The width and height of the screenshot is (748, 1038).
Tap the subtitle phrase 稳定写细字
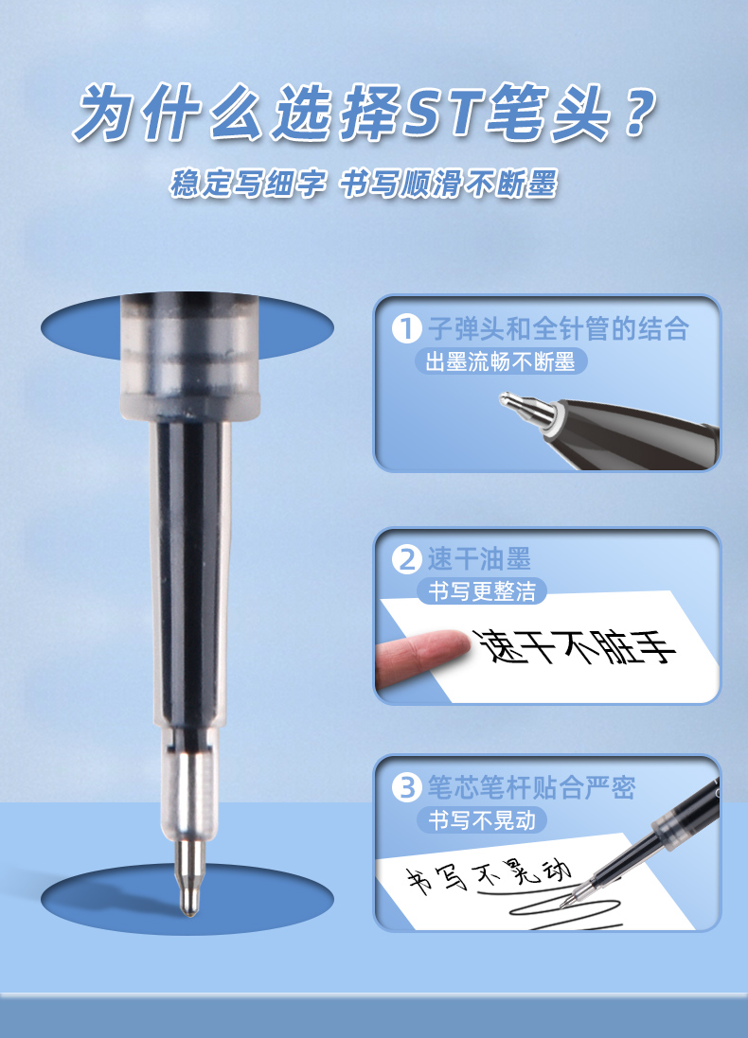[248, 184]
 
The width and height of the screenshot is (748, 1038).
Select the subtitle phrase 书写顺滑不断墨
[449, 184]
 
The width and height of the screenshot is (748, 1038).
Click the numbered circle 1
[406, 328]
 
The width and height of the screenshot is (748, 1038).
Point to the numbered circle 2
[406, 559]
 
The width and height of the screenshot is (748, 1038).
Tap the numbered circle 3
[406, 788]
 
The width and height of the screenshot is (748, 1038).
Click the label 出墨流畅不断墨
[501, 362]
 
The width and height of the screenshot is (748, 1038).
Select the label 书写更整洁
[482, 591]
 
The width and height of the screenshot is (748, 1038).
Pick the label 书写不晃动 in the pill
[482, 821]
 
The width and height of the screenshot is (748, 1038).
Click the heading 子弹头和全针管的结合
[559, 328]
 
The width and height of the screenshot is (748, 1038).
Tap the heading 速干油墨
[479, 559]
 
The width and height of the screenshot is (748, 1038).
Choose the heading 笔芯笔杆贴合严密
[531, 788]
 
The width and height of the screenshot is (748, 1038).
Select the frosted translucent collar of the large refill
[189, 358]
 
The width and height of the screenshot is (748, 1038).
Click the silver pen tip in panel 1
[526, 409]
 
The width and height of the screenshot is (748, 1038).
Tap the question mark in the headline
[640, 113]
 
